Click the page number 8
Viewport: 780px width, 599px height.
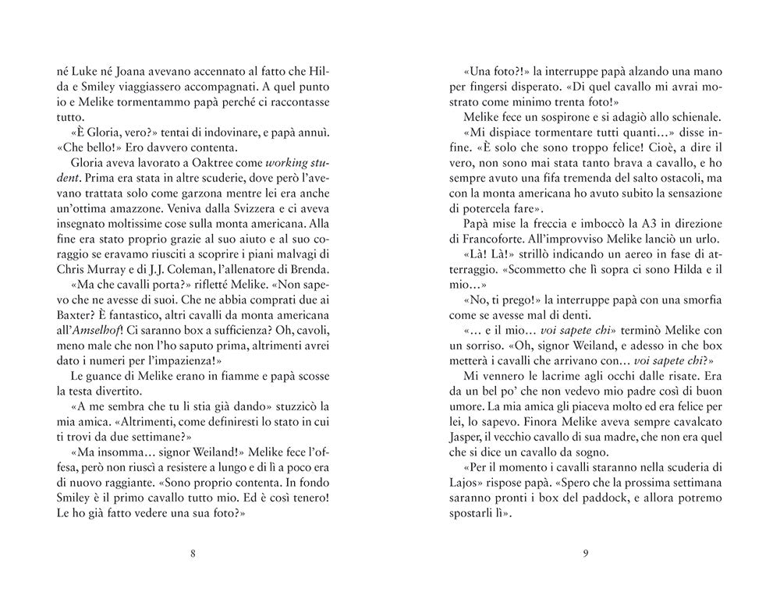point(192,555)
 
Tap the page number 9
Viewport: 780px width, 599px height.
point(585,555)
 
